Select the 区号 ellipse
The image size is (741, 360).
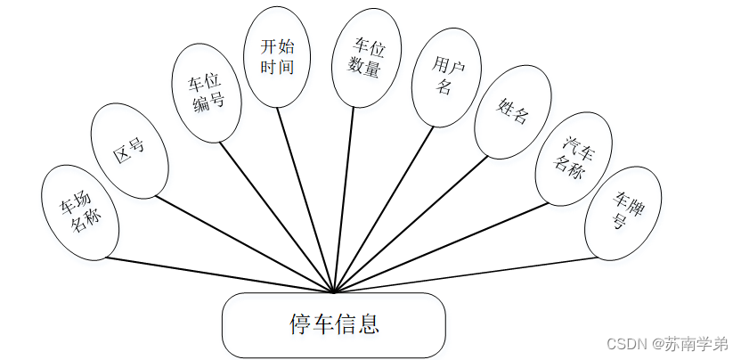(130, 156)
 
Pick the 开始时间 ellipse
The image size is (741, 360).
(277, 56)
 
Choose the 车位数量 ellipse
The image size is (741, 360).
(366, 58)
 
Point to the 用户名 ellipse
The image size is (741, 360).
(446, 78)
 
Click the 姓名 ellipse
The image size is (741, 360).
(514, 113)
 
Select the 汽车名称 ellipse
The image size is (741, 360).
(574, 158)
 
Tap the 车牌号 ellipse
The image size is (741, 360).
(623, 213)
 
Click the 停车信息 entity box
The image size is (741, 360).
(333, 324)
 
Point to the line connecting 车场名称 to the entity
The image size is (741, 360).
(218, 274)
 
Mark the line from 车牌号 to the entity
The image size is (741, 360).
(463, 274)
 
